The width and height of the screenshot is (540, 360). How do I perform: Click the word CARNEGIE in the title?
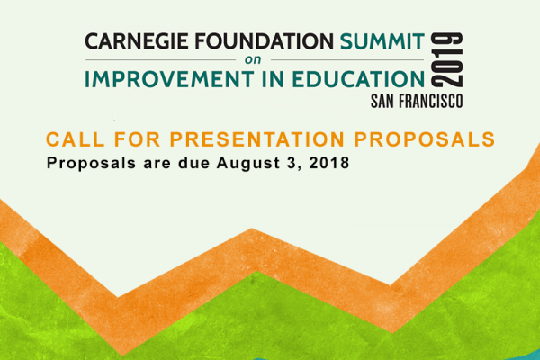[137, 41]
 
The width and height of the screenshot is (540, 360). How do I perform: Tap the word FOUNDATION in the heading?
[264, 41]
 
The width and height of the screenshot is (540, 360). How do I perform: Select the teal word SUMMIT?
[382, 41]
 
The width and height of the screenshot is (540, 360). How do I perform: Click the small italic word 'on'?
[253, 60]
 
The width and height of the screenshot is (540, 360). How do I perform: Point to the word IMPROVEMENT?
[169, 79]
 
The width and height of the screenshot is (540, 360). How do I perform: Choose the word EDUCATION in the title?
[358, 79]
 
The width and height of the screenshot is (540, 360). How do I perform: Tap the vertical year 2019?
[446, 60]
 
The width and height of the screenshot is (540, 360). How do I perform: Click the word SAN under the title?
[382, 102]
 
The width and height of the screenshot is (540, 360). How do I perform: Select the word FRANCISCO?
[431, 102]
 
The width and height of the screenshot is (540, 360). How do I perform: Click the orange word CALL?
[76, 139]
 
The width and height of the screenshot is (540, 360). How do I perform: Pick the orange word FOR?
[138, 139]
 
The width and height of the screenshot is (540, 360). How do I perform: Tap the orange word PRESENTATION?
[257, 139]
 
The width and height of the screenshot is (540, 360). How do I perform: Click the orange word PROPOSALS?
[425, 139]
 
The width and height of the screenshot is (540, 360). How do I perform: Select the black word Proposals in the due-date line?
[91, 163]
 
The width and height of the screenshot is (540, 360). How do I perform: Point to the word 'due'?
[193, 163]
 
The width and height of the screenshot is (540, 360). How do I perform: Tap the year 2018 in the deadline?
[329, 163]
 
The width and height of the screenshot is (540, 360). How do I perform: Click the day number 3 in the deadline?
[292, 163]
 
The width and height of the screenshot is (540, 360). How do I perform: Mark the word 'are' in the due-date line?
[157, 164]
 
